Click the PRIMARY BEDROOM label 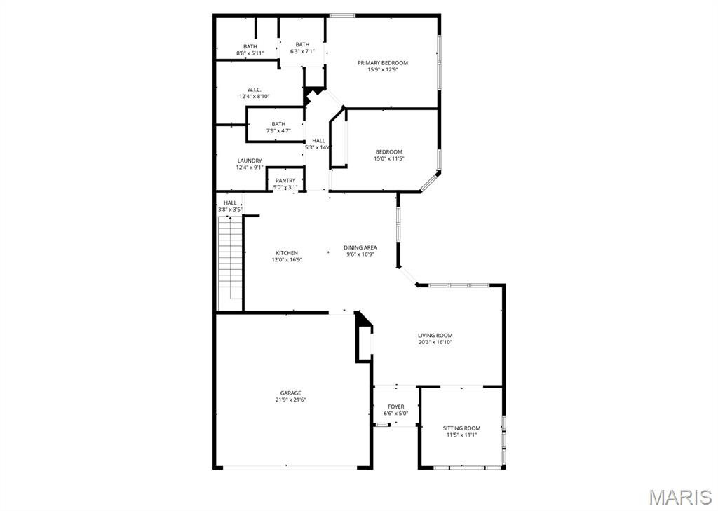[x=382, y=63]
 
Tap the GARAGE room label [x=290, y=393]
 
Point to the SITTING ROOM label [x=461, y=428]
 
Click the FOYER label [x=396, y=407]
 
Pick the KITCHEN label [x=286, y=253]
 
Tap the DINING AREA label [x=360, y=247]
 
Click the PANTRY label [x=285, y=181]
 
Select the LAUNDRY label [x=250, y=161]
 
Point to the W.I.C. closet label [x=254, y=90]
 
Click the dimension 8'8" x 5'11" [x=250, y=53]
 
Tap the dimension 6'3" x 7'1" [x=302, y=51]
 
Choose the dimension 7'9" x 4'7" [x=278, y=131]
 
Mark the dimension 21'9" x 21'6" [x=290, y=400]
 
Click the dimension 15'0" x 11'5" [x=388, y=158]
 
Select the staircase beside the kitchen [x=229, y=263]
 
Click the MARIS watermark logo [x=679, y=498]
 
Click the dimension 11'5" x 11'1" [x=461, y=435]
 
